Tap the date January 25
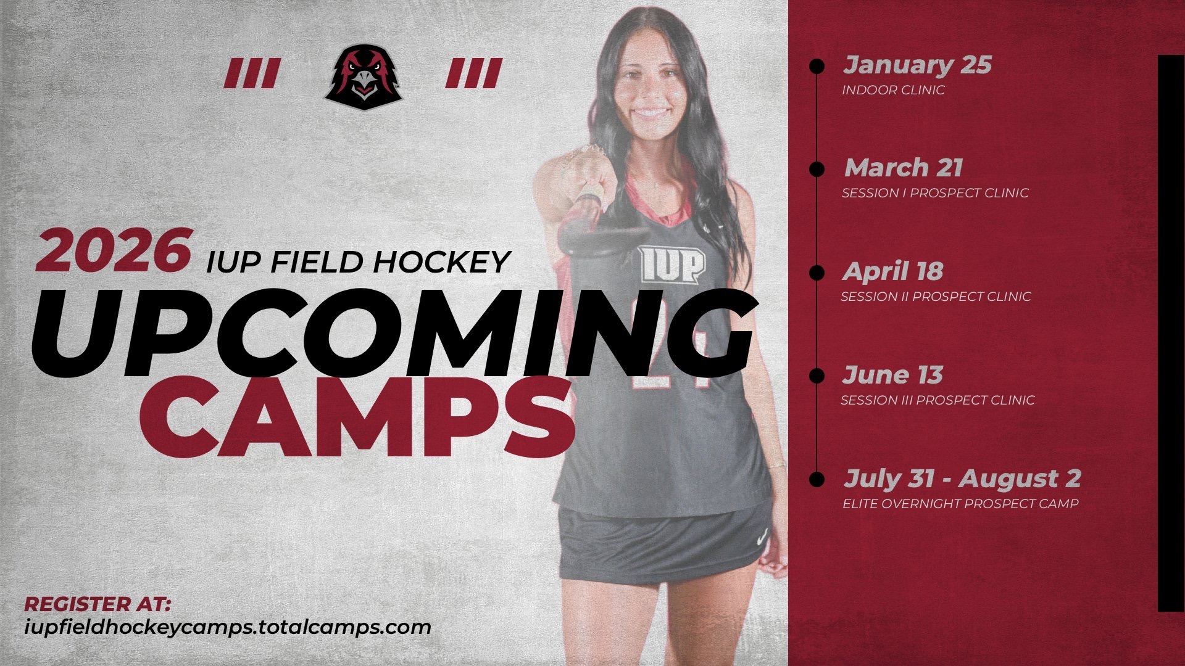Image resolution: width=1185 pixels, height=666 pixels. [917, 65]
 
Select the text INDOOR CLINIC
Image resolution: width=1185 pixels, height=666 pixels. [893, 90]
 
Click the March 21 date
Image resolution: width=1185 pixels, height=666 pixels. [904, 168]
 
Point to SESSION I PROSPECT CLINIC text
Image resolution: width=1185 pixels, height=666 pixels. [935, 193]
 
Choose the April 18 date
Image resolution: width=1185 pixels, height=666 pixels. [893, 271]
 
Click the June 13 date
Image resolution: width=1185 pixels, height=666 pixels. [892, 375]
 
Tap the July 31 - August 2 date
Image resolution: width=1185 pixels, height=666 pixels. [962, 479]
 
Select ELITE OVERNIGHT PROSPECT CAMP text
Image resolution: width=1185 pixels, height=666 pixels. [960, 504]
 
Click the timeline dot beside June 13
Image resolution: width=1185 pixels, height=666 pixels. [817, 376]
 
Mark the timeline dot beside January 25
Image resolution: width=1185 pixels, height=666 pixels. [817, 66]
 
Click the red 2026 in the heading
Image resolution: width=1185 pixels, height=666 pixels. [113, 250]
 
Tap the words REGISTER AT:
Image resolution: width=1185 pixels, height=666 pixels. [98, 604]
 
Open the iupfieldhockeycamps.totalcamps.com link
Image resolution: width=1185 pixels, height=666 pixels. [228, 627]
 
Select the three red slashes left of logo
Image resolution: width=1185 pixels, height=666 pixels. [251, 73]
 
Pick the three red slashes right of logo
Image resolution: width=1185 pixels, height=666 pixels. [473, 73]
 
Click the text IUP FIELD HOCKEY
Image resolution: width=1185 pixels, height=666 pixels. [358, 262]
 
